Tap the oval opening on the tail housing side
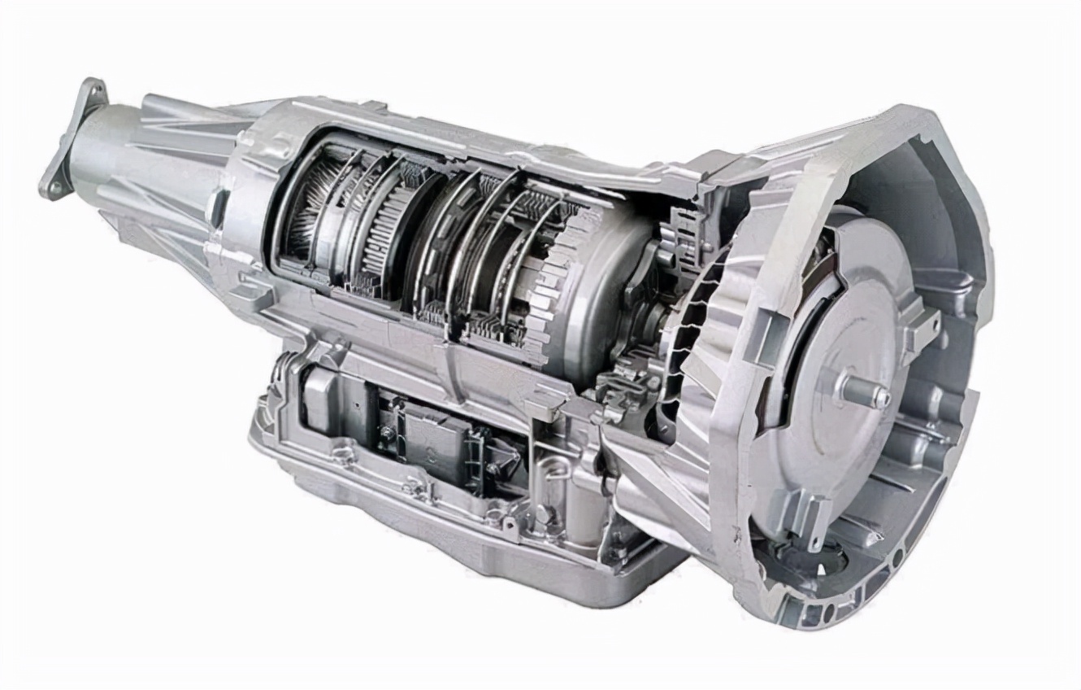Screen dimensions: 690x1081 click(x=218, y=207)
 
